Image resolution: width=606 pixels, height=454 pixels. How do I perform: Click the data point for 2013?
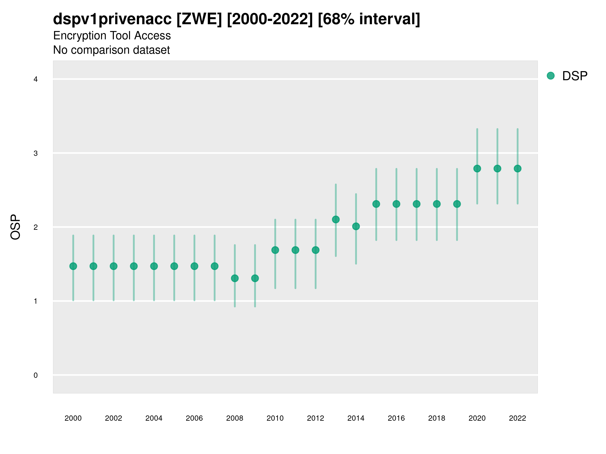[x=336, y=219]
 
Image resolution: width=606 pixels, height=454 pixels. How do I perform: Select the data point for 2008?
[x=235, y=278]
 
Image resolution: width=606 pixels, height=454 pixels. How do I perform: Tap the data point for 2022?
[x=518, y=168]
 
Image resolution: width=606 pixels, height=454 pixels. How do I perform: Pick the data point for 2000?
[x=73, y=266]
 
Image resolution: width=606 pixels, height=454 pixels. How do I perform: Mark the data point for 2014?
[x=356, y=226]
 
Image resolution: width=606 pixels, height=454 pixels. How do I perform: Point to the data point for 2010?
[x=275, y=250]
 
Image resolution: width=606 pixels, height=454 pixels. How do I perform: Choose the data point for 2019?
[x=457, y=204]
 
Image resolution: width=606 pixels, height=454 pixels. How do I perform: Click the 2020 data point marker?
[x=477, y=168]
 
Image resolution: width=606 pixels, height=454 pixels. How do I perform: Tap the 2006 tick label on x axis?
[x=194, y=418]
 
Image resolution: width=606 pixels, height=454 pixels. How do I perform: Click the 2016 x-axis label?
[x=396, y=418]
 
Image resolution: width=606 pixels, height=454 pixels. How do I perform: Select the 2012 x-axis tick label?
[x=315, y=418]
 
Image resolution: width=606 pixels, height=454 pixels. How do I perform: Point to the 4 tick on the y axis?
[x=36, y=79]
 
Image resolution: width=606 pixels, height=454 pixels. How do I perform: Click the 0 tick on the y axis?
[x=36, y=375]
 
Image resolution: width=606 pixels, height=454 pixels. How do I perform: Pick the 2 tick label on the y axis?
[x=36, y=227]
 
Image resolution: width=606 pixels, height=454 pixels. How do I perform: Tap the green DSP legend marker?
[x=551, y=76]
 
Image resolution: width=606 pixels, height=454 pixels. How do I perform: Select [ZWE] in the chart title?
[x=199, y=19]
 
